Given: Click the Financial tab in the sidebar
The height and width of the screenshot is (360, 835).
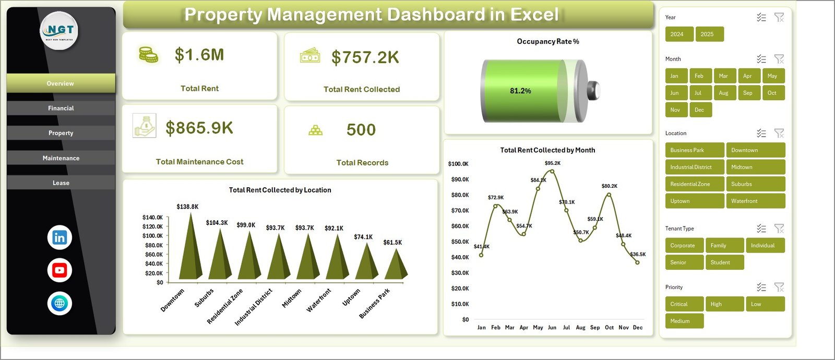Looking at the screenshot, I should (61, 108).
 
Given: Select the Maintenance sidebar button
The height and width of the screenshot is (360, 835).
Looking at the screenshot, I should (61, 158).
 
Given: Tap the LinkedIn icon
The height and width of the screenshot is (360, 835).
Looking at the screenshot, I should (59, 237).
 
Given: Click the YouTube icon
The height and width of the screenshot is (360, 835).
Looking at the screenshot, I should (59, 270).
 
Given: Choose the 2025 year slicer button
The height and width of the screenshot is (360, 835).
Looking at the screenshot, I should (709, 34).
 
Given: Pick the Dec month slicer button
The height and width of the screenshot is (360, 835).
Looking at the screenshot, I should (700, 110).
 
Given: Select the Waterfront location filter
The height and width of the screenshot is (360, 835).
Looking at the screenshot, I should (755, 201).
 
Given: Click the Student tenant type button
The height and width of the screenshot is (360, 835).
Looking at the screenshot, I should (724, 262).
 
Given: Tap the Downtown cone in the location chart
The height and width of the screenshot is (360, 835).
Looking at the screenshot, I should (190, 250).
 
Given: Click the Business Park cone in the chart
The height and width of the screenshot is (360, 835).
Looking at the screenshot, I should (396, 266).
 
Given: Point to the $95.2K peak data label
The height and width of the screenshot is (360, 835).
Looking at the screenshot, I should (552, 163).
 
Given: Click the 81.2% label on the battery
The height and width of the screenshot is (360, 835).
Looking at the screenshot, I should (520, 91).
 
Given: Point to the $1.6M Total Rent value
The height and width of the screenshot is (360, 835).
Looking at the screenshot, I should (199, 55).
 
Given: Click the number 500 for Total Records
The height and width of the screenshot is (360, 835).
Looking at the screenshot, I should (361, 130).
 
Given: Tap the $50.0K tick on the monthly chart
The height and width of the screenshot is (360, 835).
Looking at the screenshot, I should (460, 242).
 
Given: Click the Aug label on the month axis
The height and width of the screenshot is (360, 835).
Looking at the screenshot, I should (580, 328).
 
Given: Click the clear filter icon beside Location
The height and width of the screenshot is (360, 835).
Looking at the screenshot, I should (779, 134).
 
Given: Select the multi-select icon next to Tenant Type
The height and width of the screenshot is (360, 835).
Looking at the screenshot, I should (761, 229).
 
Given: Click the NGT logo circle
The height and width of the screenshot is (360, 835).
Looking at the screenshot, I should (59, 31).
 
